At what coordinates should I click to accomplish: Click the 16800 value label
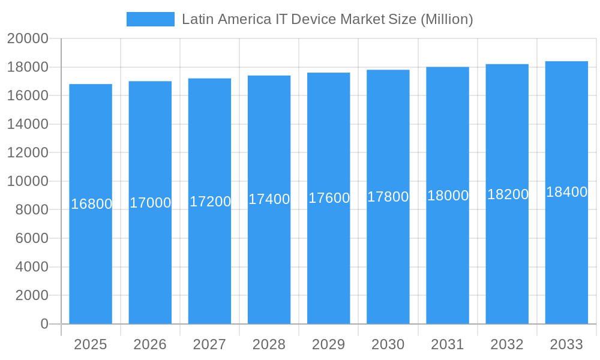click(91, 204)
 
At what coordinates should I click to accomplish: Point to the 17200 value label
click(210, 202)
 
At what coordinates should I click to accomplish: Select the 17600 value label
click(329, 198)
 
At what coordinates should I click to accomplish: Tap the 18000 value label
click(448, 196)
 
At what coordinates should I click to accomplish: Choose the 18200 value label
click(508, 194)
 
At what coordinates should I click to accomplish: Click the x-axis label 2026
click(150, 344)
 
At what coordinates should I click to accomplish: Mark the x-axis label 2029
click(329, 344)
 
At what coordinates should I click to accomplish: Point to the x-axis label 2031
click(448, 344)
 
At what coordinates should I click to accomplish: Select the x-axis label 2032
click(507, 344)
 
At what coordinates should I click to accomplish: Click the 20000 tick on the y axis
click(28, 38)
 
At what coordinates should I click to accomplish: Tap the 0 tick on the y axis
click(44, 324)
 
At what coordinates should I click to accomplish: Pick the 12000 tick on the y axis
click(28, 153)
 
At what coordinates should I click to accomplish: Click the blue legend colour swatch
click(150, 19)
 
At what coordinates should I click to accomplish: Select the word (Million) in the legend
click(446, 19)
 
